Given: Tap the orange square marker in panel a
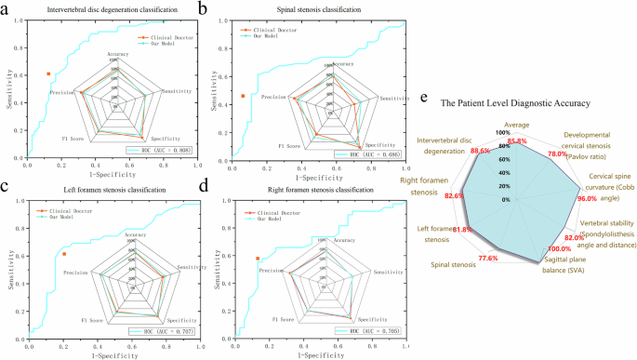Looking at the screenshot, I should coord(48,73).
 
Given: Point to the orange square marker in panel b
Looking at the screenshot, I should coord(243,96).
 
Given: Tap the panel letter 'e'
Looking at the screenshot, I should coord(425,96).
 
